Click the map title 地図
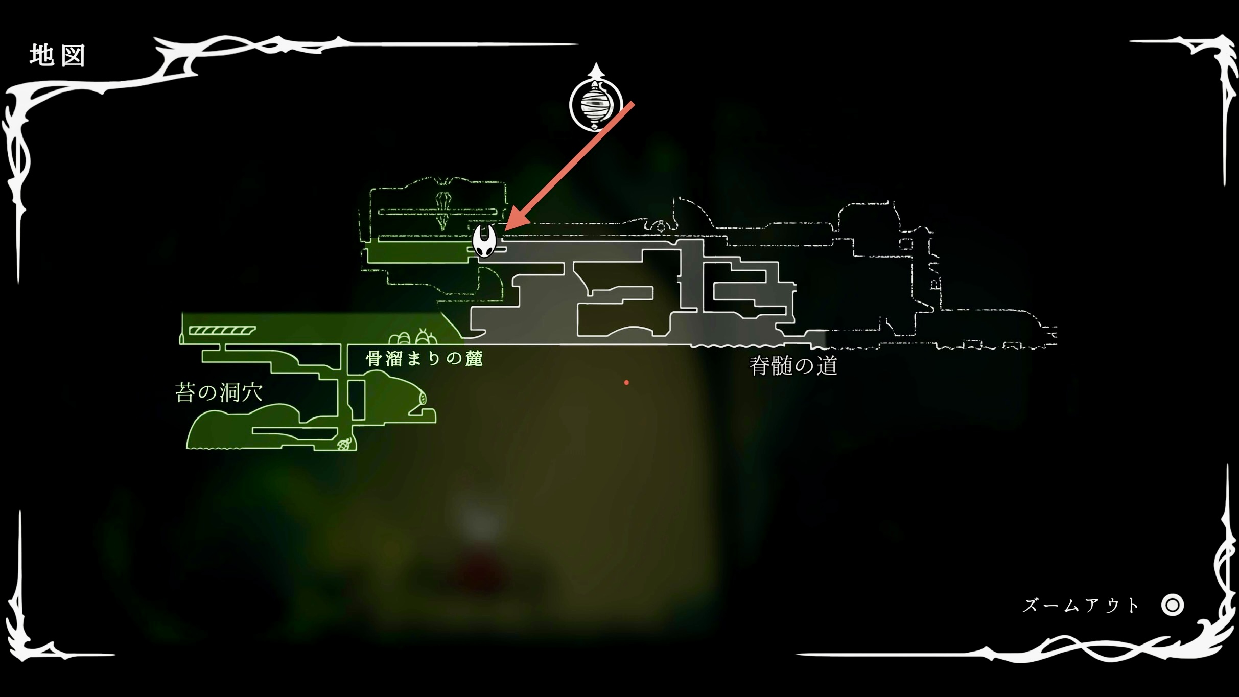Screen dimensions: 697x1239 57,55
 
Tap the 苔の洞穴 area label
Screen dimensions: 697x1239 219,392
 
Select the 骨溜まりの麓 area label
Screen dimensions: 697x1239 424,359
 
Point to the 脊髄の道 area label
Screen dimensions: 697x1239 793,366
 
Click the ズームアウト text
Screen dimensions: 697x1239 1081,606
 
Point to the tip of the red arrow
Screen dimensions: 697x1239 506,230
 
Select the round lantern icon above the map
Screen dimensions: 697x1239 596,104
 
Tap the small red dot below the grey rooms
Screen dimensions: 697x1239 626,382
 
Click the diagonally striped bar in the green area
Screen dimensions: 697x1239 222,330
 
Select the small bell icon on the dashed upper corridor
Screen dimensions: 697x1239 660,226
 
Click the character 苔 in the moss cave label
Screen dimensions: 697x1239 185,392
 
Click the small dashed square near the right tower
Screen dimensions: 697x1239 906,244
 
